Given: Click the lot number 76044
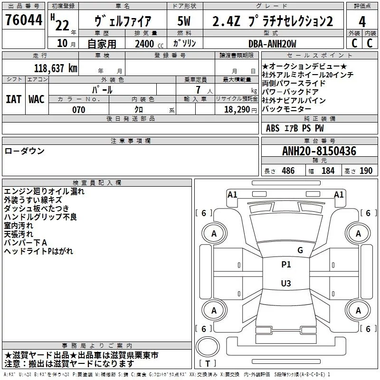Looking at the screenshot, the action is [24, 19].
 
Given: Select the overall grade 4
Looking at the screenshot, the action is [362, 22].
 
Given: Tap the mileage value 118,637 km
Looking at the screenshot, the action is [56, 68].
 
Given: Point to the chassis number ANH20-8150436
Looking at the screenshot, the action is [319, 151].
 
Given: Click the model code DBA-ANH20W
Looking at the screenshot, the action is [272, 44].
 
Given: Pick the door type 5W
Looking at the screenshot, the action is [184, 21].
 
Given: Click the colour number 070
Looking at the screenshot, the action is [79, 110].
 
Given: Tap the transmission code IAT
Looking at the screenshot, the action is [13, 99].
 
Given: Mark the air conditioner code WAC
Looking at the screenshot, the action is [37, 99].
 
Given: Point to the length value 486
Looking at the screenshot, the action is [288, 171].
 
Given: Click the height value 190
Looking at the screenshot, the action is [366, 171].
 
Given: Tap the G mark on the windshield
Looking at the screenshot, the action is [300, 250].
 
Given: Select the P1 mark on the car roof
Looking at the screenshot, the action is [286, 265].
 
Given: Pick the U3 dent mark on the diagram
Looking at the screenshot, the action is [286, 283].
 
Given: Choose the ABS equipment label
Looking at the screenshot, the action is [273, 128].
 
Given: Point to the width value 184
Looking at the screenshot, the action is [328, 171].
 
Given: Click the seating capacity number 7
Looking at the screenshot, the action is [198, 90].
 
